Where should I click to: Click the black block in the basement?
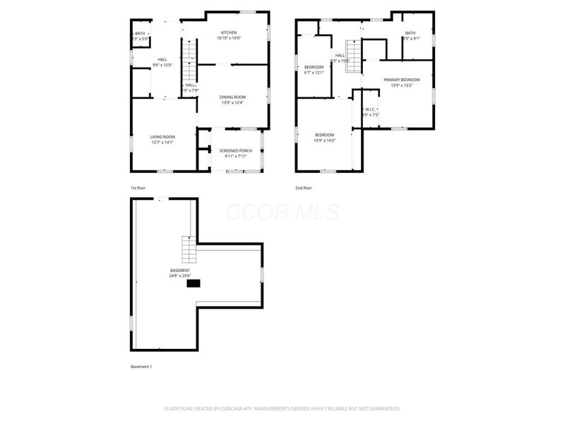193,283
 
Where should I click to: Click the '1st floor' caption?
138,188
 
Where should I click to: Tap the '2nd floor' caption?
304,188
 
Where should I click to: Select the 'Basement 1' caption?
141,367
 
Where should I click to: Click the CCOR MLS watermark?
282,212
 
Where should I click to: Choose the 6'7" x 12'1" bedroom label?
314,70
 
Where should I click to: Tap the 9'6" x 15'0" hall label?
162,62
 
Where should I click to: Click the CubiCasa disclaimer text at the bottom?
282,408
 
